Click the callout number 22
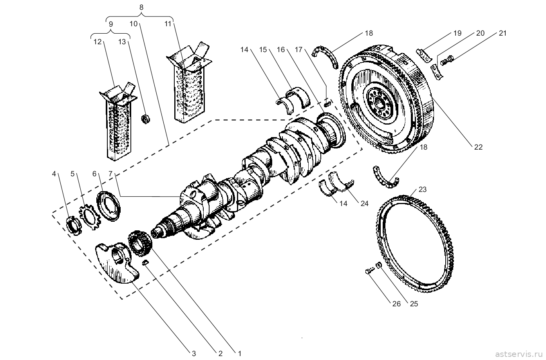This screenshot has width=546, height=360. pos(478,147)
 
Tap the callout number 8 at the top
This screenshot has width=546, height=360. pos(141,7)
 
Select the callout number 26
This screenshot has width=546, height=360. pos(397,304)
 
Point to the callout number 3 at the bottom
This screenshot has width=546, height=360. pos(194,353)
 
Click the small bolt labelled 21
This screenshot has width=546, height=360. pos(447,61)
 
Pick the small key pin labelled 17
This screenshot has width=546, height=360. pos(327,103)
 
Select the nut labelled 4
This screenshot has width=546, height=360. pos(73,226)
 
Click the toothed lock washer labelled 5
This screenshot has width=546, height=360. pos(90,217)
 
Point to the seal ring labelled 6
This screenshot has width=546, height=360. pos(109,206)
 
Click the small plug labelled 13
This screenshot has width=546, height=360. pos(146,119)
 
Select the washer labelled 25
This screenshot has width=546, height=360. pos(379,265)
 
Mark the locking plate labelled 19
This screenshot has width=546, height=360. pos(424,56)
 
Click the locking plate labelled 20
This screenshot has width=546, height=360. pos(437,72)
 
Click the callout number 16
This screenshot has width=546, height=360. pos(281,50)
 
